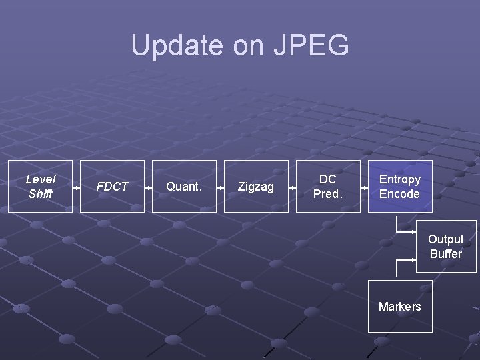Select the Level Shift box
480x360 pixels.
click(x=40, y=187)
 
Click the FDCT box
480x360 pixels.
click(x=112, y=187)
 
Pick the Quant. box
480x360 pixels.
click(x=184, y=187)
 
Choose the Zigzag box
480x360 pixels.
click(x=256, y=187)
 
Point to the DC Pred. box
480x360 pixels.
click(x=328, y=187)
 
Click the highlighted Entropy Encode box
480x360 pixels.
click(x=400, y=187)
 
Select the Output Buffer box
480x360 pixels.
click(x=446, y=246)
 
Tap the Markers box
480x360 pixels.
click(x=400, y=306)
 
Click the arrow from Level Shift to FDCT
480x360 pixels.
click(x=77, y=187)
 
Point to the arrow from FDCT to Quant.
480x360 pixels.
click(x=148, y=187)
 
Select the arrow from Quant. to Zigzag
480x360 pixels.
click(x=220, y=187)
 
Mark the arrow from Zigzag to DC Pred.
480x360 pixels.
click(x=292, y=187)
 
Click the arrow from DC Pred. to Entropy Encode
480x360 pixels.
click(x=364, y=187)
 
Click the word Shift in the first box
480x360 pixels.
click(x=40, y=194)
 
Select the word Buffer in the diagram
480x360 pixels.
click(x=446, y=253)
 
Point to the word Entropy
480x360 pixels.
click(x=400, y=179)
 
